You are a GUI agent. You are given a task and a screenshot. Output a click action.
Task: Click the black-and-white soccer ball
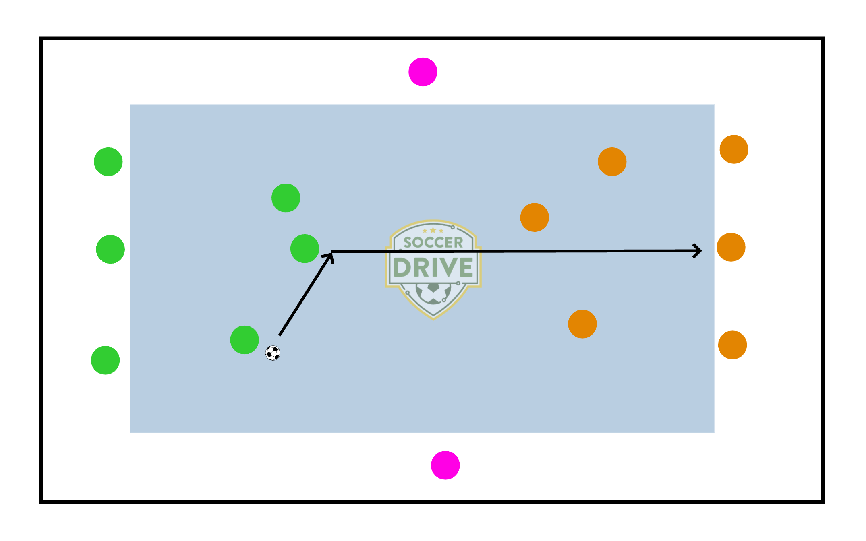tap(273, 353)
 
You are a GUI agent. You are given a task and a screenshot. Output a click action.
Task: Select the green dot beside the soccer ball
tap(244, 340)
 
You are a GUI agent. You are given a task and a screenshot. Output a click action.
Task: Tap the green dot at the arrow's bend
tap(305, 249)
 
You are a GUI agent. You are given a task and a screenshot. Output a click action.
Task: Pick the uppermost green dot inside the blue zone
tap(286, 198)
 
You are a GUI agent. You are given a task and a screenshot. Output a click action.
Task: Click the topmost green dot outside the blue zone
tap(108, 161)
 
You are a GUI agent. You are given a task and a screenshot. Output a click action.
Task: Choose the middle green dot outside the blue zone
tap(110, 249)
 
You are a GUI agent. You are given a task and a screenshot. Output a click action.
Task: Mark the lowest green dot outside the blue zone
tap(105, 360)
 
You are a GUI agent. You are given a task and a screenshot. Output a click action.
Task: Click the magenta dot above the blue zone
tap(423, 72)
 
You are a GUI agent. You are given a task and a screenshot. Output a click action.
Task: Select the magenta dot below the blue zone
tap(445, 465)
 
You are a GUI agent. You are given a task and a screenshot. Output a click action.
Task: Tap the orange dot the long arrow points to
tap(731, 247)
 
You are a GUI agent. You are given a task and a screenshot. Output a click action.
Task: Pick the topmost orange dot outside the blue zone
tap(734, 149)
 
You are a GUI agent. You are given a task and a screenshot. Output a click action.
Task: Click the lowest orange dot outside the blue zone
tap(732, 345)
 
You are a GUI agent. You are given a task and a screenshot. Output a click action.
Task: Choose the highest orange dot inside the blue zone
tap(612, 161)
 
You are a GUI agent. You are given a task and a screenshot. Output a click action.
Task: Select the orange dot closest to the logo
tap(534, 217)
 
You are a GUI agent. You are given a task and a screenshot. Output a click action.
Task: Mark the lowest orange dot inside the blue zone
tap(582, 324)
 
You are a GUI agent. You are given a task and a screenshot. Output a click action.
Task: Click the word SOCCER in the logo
tap(433, 242)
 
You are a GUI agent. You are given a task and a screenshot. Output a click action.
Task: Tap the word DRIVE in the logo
tap(433, 267)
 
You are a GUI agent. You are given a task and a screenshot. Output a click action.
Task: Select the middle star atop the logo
tap(433, 230)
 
